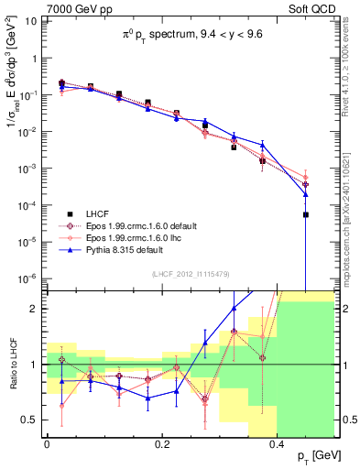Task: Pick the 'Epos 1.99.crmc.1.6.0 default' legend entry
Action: click(x=136, y=225)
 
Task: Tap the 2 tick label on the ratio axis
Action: click(x=35, y=309)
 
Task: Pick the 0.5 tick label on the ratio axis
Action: click(x=31, y=420)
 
